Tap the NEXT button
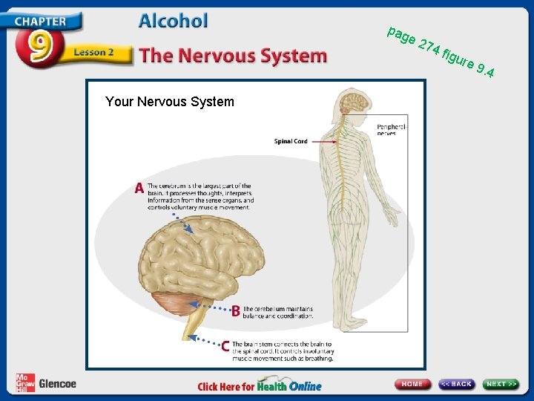[x=501, y=384]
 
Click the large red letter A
[x=139, y=189]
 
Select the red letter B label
[x=235, y=312]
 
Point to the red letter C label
[x=225, y=346]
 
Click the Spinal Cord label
[x=291, y=141]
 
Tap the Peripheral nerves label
[x=391, y=130]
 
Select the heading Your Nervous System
[x=169, y=102]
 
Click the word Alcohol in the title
[x=173, y=21]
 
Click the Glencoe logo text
[x=57, y=384]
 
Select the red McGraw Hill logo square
[x=24, y=382]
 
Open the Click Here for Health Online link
[x=260, y=385]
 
